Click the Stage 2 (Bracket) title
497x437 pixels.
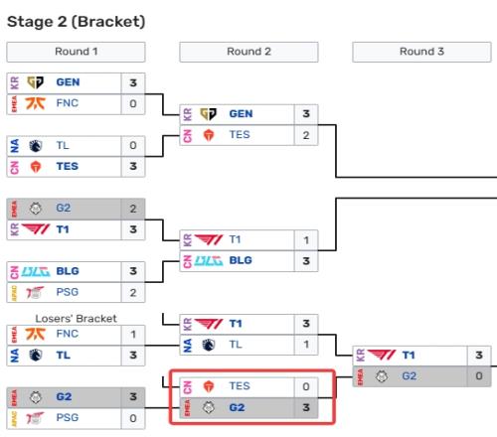[77, 22]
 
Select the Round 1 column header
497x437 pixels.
[76, 52]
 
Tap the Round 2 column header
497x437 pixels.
[248, 52]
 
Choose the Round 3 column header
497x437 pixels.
[421, 52]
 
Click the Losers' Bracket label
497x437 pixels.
[76, 319]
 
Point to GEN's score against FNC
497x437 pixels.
[133, 82]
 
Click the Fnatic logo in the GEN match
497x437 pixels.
[36, 103]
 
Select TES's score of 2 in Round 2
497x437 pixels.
[306, 135]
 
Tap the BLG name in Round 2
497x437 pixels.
[241, 260]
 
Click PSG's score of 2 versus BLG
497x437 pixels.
[133, 293]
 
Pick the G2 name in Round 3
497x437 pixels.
[410, 376]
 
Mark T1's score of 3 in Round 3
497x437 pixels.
[479, 356]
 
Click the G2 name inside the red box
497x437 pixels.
[237, 407]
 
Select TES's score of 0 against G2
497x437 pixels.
[306, 386]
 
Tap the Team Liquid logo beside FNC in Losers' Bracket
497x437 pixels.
[36, 356]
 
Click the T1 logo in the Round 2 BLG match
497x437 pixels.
[209, 239]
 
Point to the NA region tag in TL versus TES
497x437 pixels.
[15, 146]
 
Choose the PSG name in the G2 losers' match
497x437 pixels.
[68, 418]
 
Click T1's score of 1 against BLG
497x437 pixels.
[306, 240]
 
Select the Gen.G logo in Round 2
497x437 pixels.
[209, 114]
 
